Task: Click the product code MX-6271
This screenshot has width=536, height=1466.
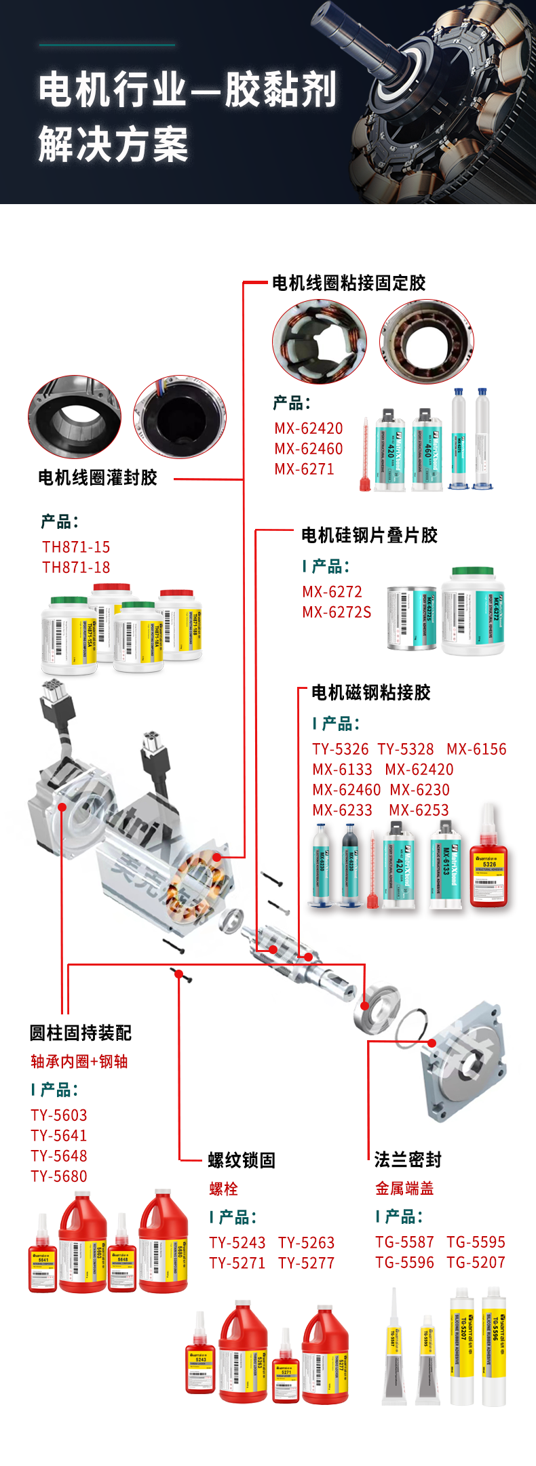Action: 304,469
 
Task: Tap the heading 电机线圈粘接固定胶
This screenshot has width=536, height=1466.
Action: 349,283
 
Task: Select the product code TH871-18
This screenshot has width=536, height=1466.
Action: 76,567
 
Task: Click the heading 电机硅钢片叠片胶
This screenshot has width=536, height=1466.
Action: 369,535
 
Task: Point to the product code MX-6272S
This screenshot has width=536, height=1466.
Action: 337,612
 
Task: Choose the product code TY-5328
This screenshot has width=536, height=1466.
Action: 406,749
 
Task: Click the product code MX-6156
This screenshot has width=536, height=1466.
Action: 476,749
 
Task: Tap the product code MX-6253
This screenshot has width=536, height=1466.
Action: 419,810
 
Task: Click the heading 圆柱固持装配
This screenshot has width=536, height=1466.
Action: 80,1033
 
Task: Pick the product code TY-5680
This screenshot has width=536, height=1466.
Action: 59,1176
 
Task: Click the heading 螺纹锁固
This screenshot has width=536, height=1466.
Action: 242,1160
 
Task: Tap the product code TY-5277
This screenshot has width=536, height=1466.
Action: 306,1263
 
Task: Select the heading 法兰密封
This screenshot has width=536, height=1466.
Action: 408,1160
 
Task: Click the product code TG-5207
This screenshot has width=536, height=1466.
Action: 476,1262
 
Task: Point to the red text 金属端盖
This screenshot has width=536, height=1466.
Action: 404,1188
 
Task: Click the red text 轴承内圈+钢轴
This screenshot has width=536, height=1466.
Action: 79,1061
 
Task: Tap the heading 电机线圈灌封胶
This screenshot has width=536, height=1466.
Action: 98,477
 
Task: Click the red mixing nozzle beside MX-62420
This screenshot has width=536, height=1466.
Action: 365,461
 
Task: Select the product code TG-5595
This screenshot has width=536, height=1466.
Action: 476,1242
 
